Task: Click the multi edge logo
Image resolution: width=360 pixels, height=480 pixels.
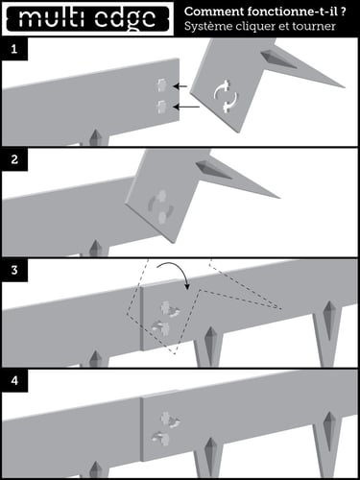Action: click(x=87, y=18)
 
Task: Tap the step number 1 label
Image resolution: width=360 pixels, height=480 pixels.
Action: click(x=13, y=49)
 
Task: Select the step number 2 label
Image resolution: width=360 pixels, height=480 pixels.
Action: click(x=14, y=159)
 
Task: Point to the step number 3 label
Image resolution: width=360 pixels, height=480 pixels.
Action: click(x=14, y=270)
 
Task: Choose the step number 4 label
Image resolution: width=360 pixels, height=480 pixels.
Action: click(x=14, y=381)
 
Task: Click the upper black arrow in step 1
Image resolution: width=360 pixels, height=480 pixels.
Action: click(x=180, y=86)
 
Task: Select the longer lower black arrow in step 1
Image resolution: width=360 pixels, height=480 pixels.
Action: click(x=186, y=108)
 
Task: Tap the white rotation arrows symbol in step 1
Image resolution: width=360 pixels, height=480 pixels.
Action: click(x=227, y=96)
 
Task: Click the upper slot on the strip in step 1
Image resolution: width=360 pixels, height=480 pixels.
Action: click(x=161, y=84)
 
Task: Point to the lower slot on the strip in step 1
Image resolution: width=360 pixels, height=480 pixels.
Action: click(x=161, y=107)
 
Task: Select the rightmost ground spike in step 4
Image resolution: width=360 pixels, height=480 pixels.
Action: click(x=328, y=442)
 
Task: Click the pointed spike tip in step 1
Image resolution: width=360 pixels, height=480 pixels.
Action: click(x=345, y=87)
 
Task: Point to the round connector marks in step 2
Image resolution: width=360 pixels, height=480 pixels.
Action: click(x=162, y=206)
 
